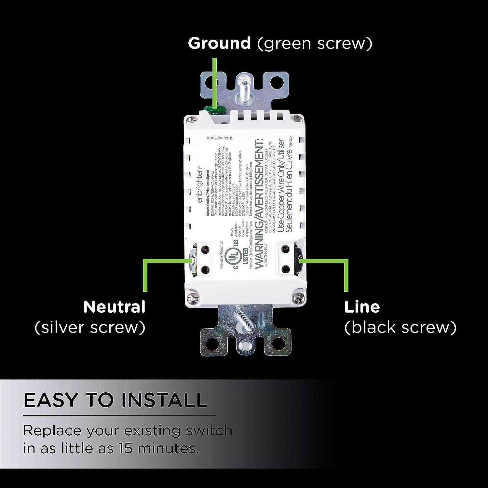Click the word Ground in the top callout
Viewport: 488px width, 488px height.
point(219,43)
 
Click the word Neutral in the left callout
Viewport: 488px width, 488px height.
point(114,307)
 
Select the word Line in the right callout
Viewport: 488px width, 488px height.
point(362,307)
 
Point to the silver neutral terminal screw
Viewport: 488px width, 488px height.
point(192,260)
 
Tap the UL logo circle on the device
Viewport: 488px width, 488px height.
point(232,257)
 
